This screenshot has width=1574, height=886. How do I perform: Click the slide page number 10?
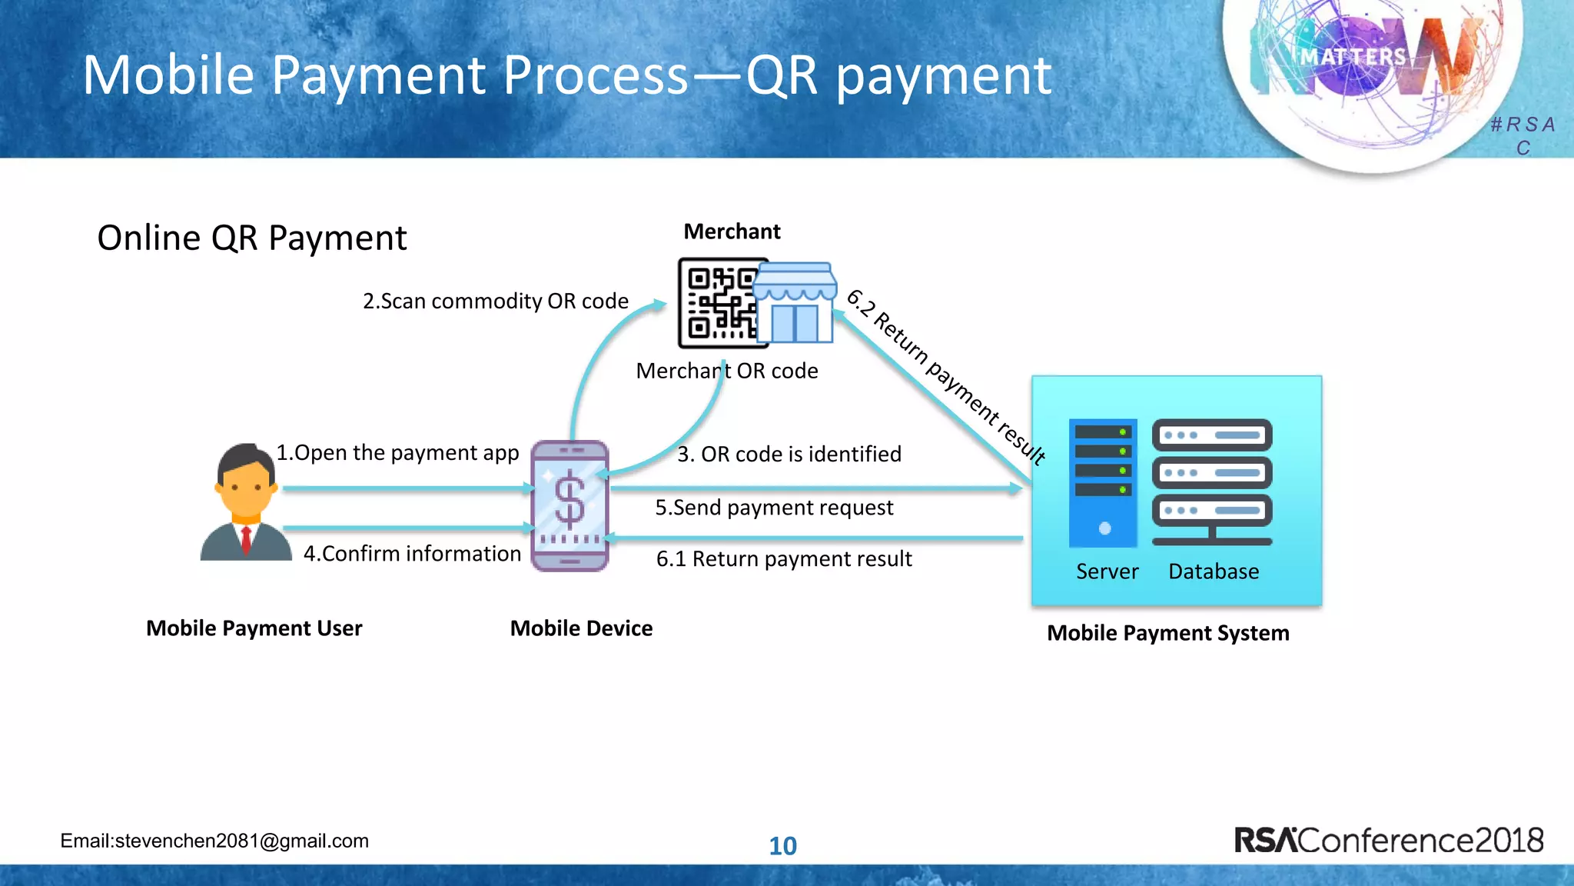[782, 846]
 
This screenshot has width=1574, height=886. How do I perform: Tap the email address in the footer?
[214, 841]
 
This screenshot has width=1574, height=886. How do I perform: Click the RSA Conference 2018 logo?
[1388, 840]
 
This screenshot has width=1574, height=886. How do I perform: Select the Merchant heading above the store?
[732, 231]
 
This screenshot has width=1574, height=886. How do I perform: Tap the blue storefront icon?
[795, 304]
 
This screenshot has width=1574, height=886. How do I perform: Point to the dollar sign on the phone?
[569, 502]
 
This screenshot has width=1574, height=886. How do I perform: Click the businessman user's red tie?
[246, 539]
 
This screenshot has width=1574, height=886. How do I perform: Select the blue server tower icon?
[1102, 483]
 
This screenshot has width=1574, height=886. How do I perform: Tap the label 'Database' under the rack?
[1213, 571]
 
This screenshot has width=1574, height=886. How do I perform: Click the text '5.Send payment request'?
[774, 508]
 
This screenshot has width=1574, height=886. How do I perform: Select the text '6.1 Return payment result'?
[783, 559]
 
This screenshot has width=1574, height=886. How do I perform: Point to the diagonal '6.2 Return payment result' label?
[946, 377]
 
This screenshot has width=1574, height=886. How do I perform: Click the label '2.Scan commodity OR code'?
[495, 301]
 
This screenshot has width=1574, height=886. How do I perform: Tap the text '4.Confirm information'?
[412, 554]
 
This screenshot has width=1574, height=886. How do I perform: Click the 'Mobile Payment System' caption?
[1167, 633]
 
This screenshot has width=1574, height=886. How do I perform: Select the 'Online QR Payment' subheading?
[251, 238]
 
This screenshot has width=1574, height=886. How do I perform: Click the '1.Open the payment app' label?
[397, 452]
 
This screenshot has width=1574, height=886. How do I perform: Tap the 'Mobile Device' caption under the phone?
[581, 628]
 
